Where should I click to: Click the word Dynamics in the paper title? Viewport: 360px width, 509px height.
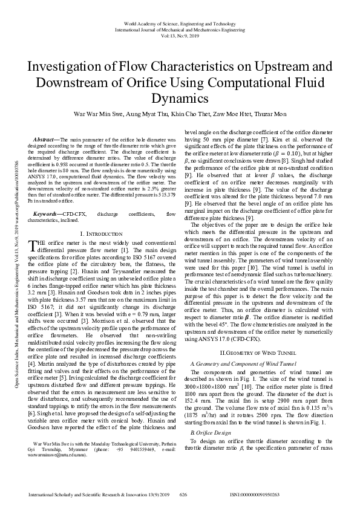180,98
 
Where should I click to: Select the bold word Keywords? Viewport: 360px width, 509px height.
47,214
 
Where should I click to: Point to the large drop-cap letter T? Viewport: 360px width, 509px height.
33,244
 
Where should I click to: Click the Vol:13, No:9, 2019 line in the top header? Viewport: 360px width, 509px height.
179,35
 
